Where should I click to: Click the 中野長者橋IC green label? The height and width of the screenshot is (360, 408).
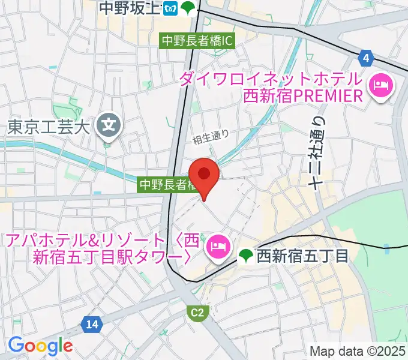196,41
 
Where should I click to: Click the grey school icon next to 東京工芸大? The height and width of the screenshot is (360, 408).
109,125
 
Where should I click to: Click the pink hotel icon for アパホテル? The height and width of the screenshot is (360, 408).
216,245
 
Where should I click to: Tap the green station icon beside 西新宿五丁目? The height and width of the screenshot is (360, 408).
245,257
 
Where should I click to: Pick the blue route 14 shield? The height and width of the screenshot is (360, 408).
91,325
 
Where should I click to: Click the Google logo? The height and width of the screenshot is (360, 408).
40,346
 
